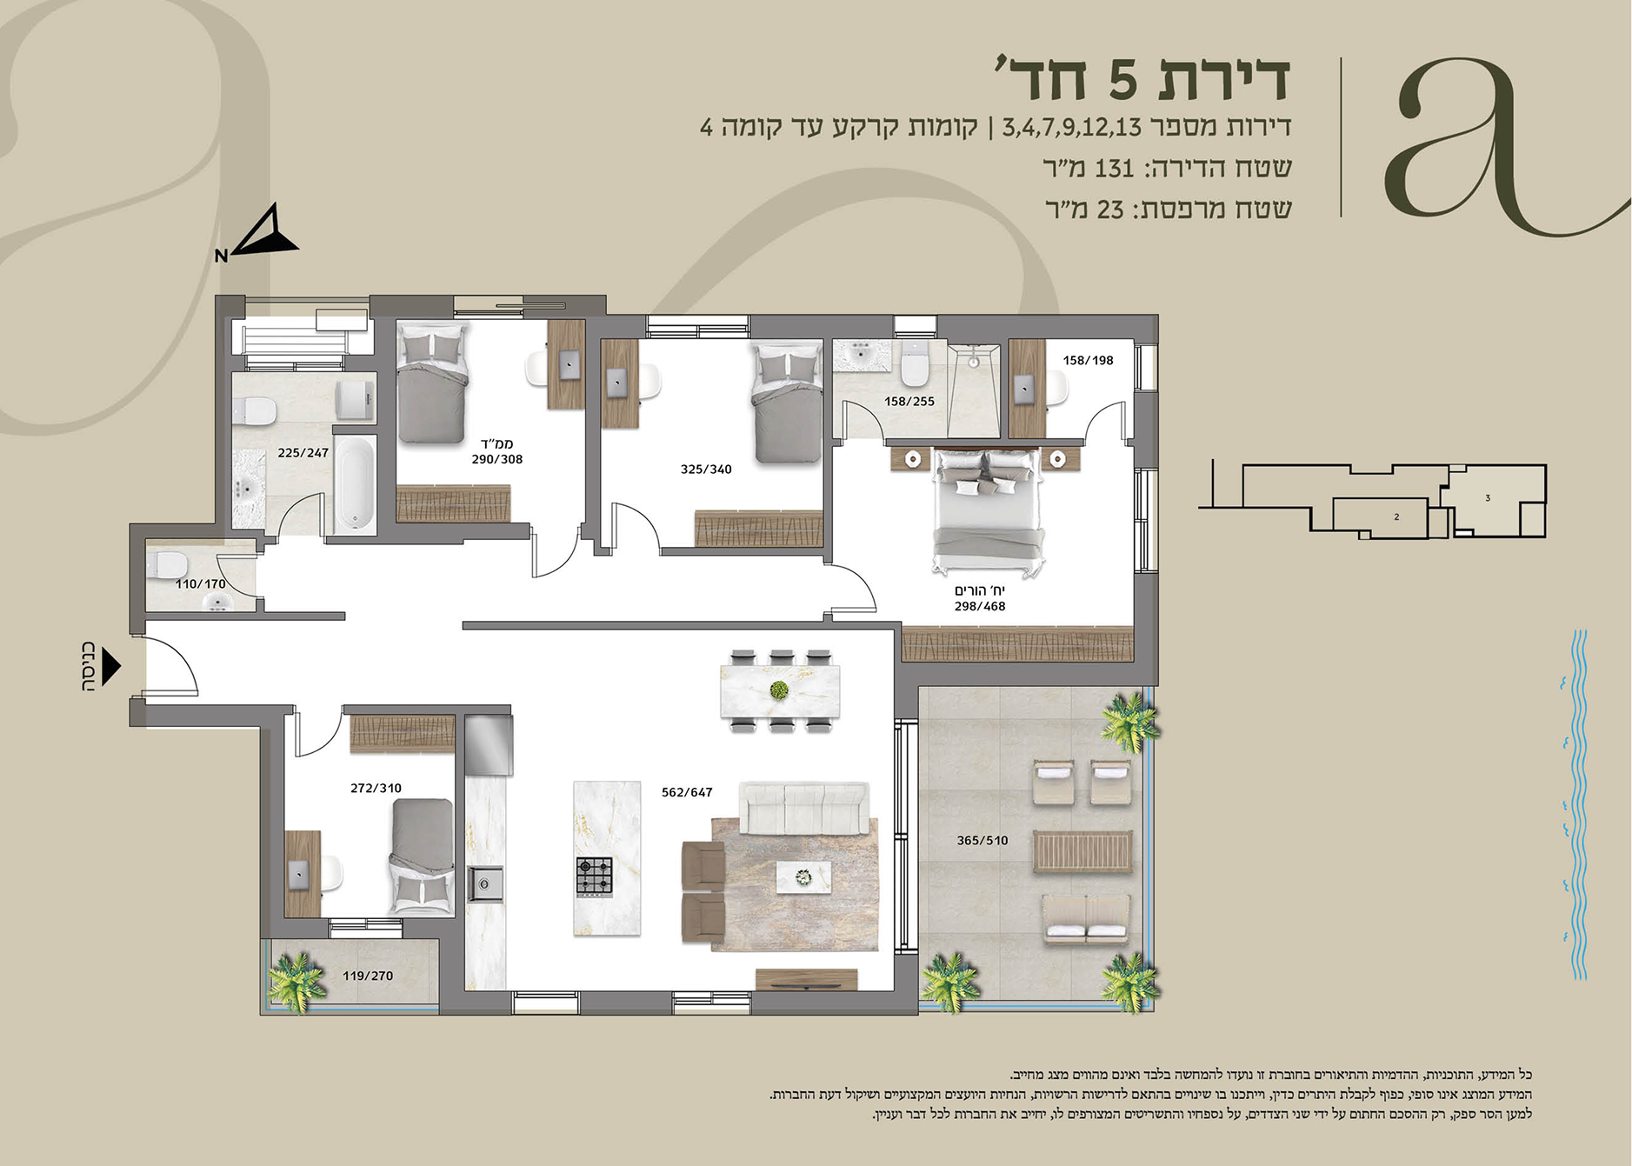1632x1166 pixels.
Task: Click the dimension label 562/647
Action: click(687, 792)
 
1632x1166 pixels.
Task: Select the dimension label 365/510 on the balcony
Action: click(983, 840)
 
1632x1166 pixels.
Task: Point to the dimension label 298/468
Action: click(980, 606)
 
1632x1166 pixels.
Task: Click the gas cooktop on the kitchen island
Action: click(595, 877)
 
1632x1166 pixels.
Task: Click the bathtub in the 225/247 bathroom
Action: click(356, 484)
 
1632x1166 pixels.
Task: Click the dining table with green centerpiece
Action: click(780, 691)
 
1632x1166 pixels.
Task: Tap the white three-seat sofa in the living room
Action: click(803, 807)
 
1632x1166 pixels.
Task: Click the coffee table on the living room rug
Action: click(803, 876)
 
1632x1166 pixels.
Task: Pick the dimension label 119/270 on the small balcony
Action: click(368, 976)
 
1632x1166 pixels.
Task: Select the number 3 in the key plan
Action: click(1488, 498)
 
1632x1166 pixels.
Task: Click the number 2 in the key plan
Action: click(1396, 517)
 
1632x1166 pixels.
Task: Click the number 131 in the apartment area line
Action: click(1114, 168)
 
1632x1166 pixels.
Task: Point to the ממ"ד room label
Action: click(497, 444)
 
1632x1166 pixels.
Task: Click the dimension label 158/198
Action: click(1088, 360)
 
